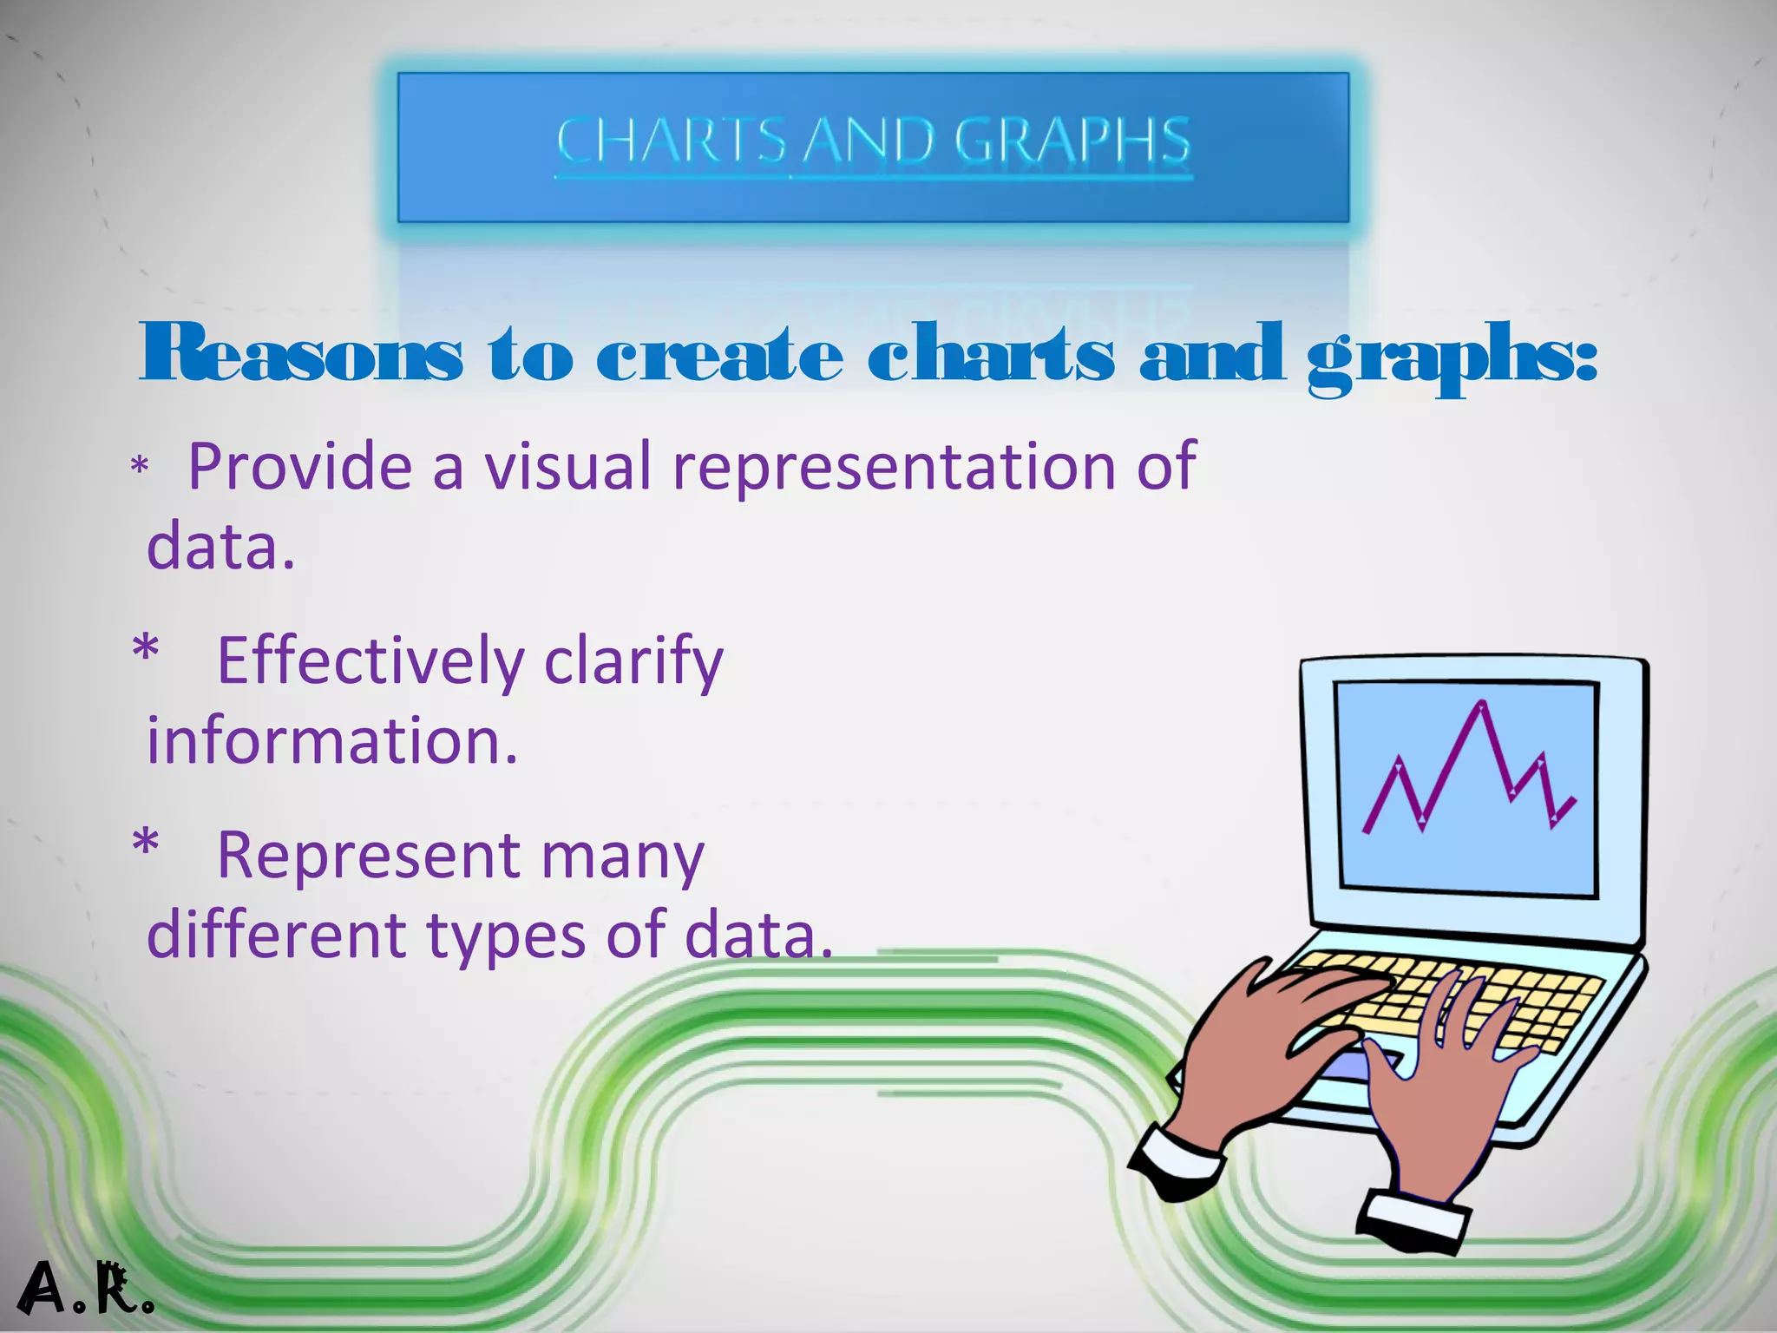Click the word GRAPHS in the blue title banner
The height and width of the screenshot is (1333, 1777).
pos(1072,141)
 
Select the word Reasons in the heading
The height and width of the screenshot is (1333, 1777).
pos(301,353)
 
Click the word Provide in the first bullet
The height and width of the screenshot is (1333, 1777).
pos(299,467)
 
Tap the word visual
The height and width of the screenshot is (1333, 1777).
pos(567,467)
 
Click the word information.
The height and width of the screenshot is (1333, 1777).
pos(331,741)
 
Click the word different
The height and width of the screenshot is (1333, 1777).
pos(276,935)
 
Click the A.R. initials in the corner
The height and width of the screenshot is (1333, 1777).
pos(84,1290)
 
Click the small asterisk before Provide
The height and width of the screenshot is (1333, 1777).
pos(140,467)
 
